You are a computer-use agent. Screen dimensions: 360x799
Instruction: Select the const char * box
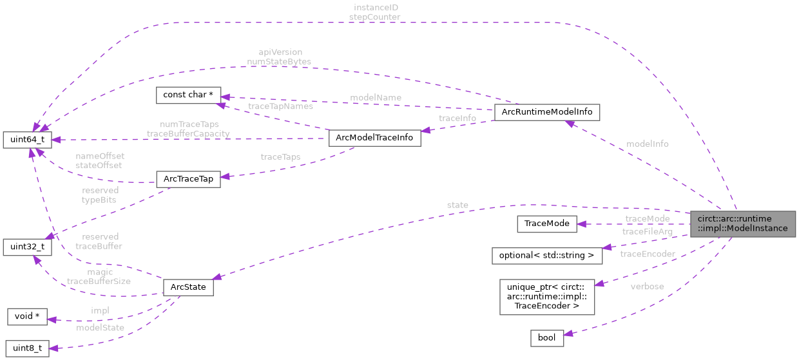189,95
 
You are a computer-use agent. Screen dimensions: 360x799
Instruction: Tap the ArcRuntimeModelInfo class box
546,112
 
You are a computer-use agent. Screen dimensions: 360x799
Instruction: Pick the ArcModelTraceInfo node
374,138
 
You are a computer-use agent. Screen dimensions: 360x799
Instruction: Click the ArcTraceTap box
188,179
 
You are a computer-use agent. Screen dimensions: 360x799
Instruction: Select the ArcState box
188,287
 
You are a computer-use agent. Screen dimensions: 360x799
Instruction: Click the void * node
28,316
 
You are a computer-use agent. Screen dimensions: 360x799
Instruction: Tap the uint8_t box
27,348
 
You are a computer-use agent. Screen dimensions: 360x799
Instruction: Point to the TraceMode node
546,223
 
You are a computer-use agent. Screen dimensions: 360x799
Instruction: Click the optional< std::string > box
546,255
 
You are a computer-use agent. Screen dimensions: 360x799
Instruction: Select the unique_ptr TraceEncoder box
546,296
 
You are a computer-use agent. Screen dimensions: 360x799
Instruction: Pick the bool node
546,337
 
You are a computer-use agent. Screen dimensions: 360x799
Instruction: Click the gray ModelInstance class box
742,223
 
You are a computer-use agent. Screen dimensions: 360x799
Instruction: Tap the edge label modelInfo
647,144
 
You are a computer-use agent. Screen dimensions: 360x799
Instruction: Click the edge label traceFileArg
647,231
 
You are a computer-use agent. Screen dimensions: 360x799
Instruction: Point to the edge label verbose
647,286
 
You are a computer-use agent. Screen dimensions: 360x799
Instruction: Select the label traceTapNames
280,106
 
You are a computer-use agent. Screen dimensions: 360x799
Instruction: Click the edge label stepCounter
374,16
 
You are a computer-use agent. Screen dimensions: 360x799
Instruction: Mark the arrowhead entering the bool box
568,332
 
